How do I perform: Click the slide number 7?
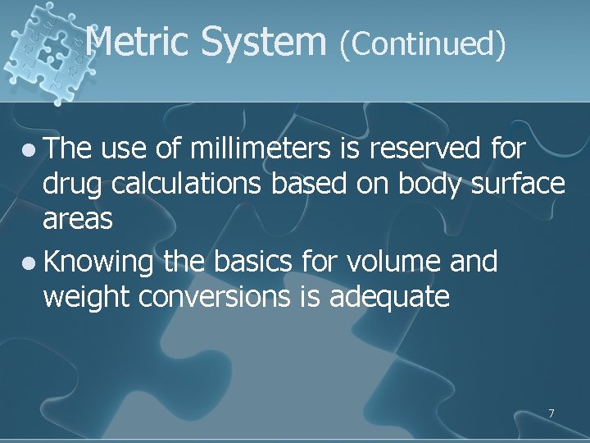tap(551, 413)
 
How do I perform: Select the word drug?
tap(74, 185)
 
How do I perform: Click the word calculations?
tap(193, 185)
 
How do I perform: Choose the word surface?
tap(518, 185)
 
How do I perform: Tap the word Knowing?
tap(99, 263)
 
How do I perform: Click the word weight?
tap(88, 298)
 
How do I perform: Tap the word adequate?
tap(389, 298)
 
